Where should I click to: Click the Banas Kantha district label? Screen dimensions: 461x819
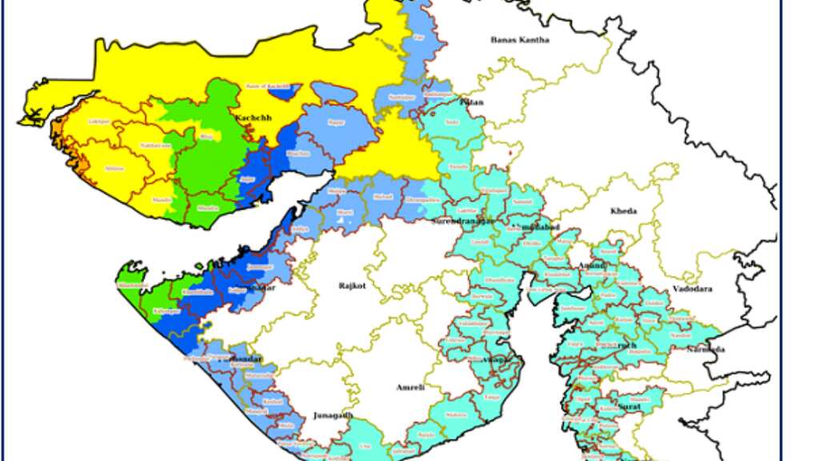[520, 39]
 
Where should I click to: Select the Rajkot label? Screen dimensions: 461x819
[352, 285]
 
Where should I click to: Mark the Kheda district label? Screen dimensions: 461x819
[624, 211]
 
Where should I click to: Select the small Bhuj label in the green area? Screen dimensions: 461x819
[207, 137]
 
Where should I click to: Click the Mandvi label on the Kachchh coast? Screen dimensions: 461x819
[162, 198]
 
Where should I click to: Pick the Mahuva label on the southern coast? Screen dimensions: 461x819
[457, 415]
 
